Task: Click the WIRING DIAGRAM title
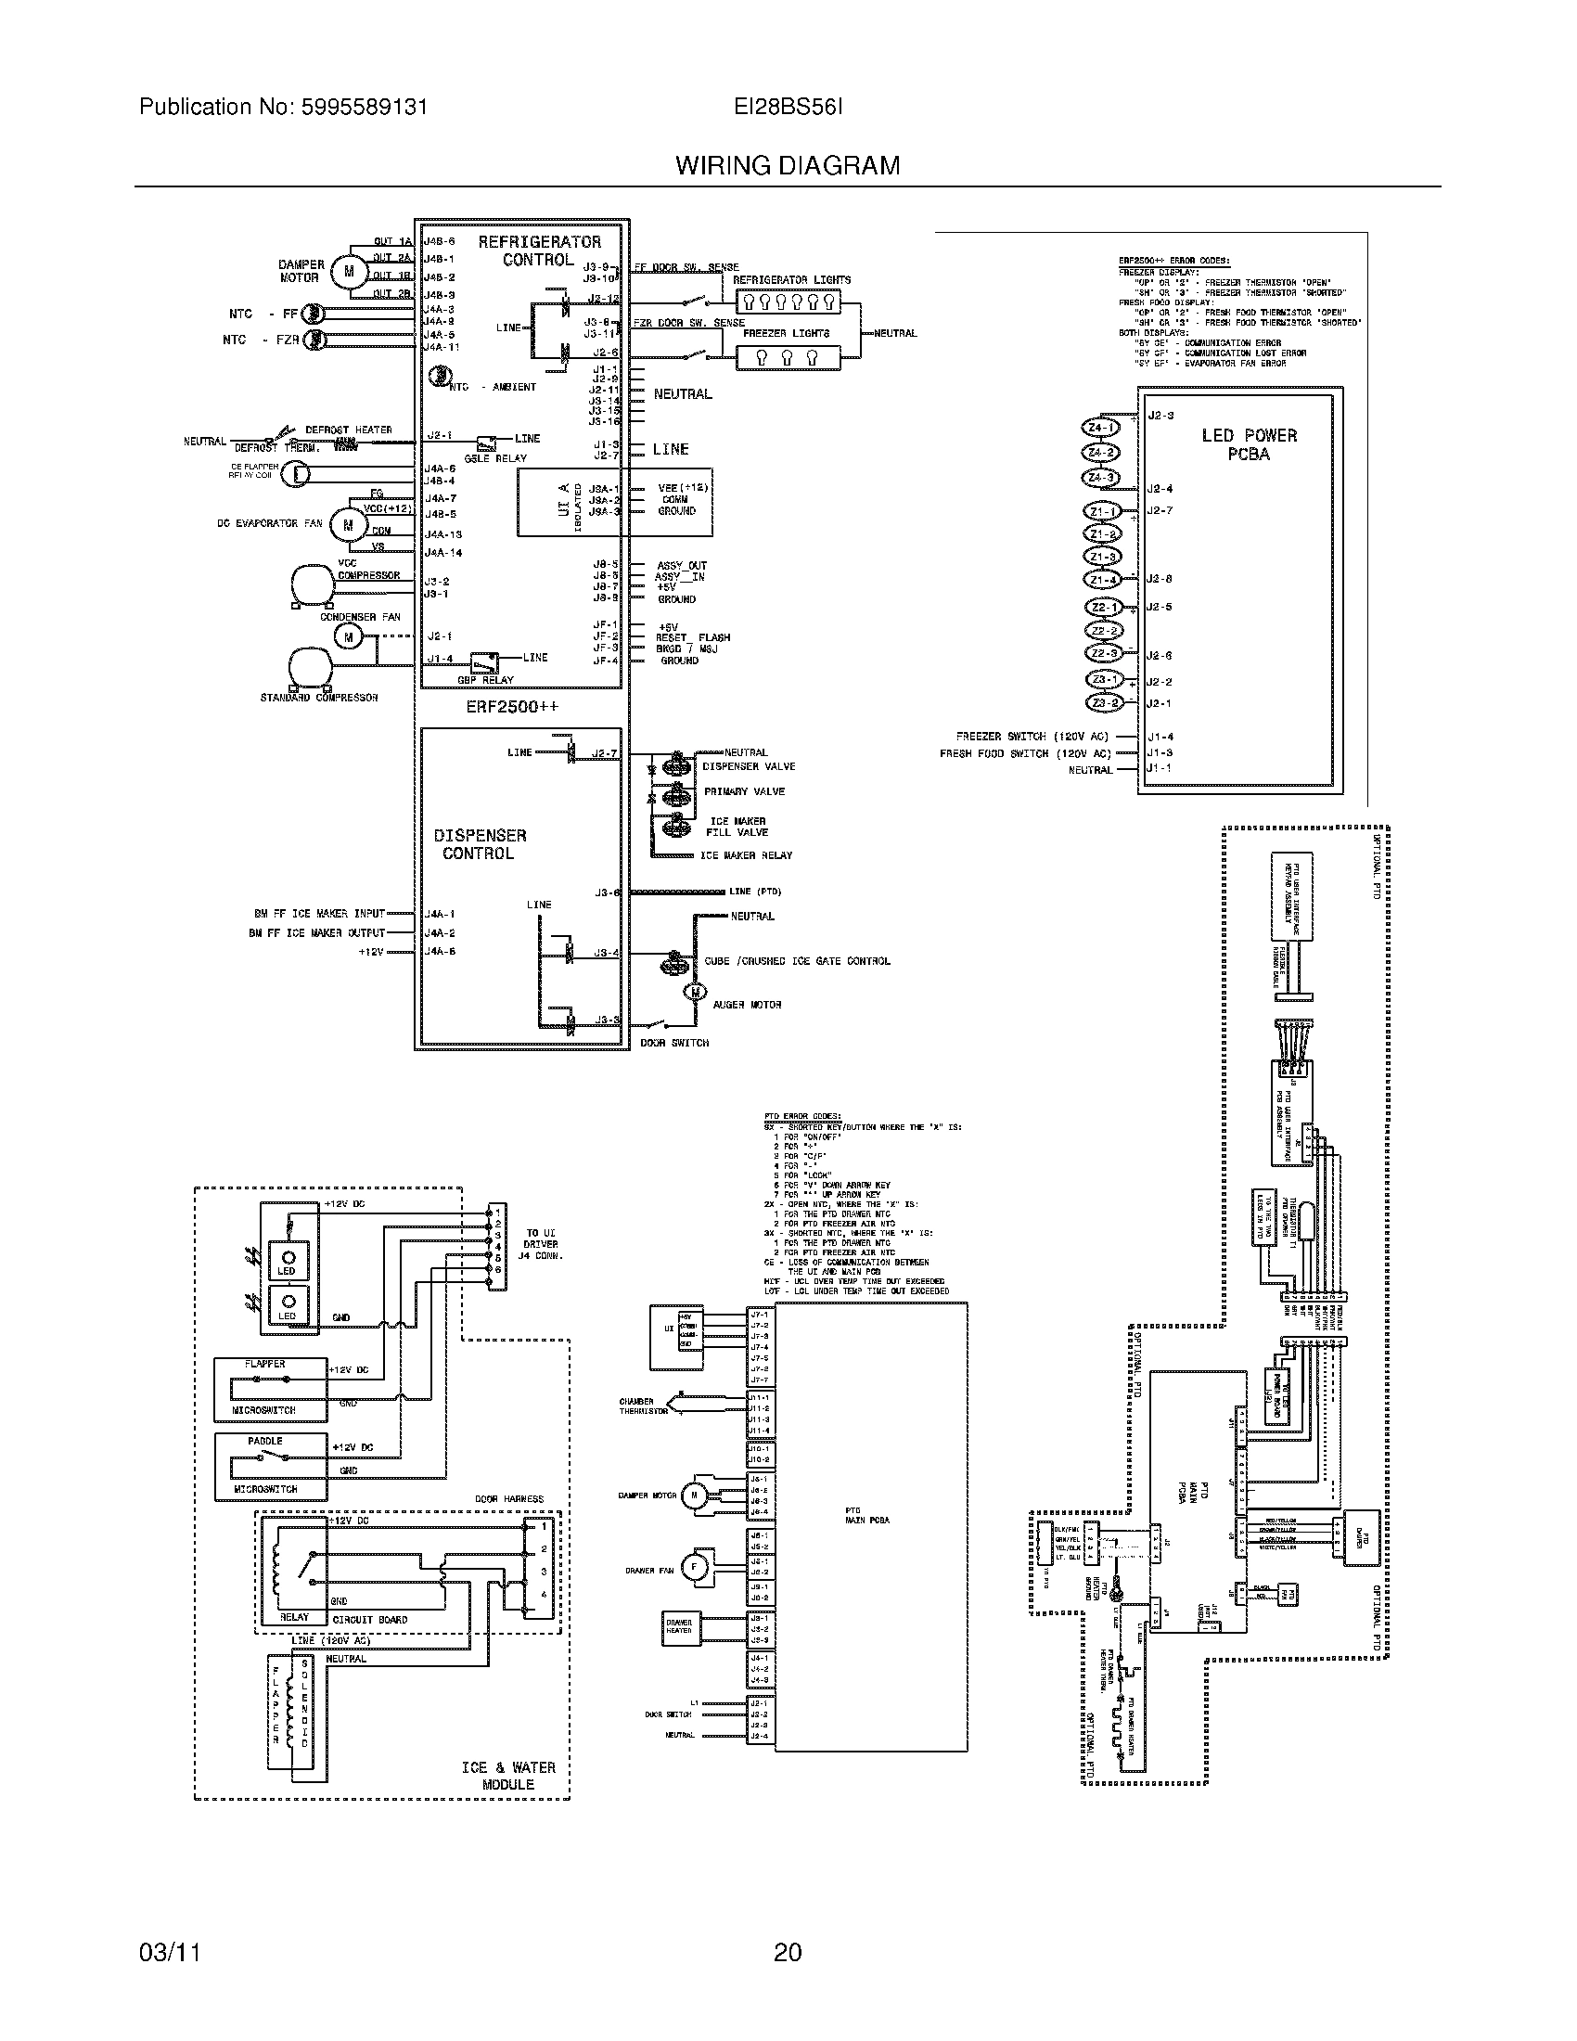coord(788,165)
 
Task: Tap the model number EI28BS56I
coord(788,107)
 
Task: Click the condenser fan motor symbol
coord(349,637)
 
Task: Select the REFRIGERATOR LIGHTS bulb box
coord(788,302)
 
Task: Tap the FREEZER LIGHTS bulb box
coord(788,356)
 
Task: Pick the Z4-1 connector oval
coord(1102,428)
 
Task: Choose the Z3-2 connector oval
coord(1103,703)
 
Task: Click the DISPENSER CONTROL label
coord(480,844)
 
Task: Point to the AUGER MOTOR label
coord(747,1005)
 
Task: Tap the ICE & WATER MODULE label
coord(508,1776)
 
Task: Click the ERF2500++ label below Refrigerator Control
coord(512,708)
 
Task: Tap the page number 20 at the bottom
coord(788,1953)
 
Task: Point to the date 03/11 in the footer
coord(170,1953)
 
